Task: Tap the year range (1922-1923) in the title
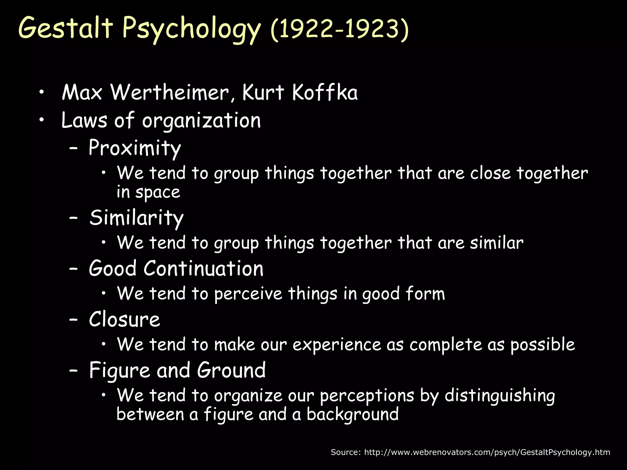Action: click(340, 29)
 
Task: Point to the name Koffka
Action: click(325, 92)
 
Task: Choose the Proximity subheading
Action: click(135, 148)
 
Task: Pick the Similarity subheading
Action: click(137, 218)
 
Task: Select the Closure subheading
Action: click(124, 319)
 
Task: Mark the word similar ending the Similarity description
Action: click(497, 243)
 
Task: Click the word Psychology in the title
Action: click(191, 29)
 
